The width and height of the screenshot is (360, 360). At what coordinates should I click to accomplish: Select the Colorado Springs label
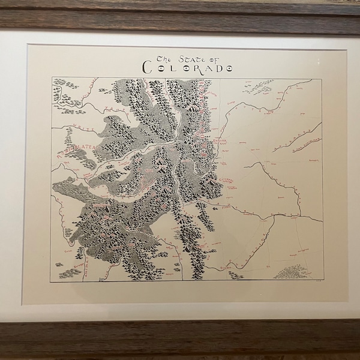tap(229, 179)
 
